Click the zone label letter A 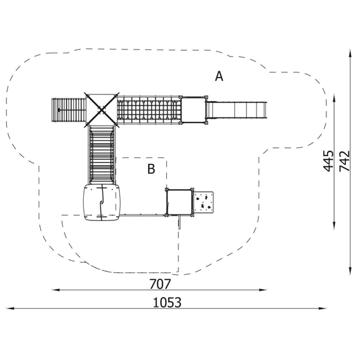point(219,76)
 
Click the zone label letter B point(151,169)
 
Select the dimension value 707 point(160,284)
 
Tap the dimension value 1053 point(167,302)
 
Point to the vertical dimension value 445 point(328,161)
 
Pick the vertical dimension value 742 point(345,161)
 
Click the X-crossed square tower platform point(102,110)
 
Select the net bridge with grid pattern point(149,110)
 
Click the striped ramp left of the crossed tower point(69,110)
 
